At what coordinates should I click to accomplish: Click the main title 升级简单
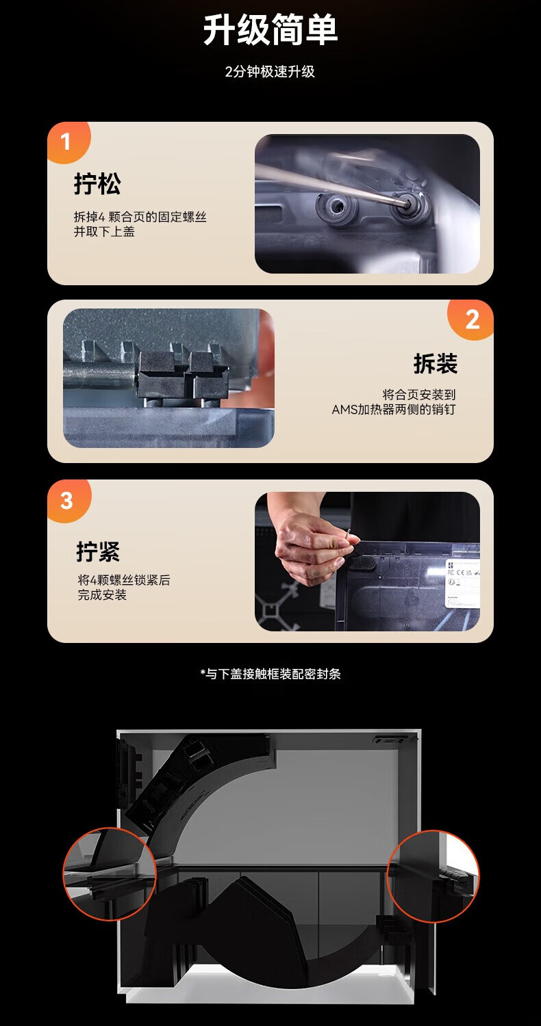coord(270,30)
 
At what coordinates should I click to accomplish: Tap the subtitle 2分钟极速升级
coord(270,71)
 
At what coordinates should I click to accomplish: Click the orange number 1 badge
coord(68,142)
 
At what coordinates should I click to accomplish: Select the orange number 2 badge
coord(471,319)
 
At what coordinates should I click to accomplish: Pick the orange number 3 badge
coord(68,501)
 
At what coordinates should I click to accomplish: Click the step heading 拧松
coord(97,184)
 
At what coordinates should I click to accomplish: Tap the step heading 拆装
coord(435,364)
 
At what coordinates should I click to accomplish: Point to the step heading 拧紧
coord(98,551)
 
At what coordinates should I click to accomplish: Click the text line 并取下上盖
coord(104,232)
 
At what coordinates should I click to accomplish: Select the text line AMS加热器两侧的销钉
coord(394,409)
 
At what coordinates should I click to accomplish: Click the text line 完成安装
coord(102,595)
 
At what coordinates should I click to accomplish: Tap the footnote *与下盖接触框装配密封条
coord(270,674)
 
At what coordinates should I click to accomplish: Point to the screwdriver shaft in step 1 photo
coord(330,183)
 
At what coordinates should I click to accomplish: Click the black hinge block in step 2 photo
coord(184,374)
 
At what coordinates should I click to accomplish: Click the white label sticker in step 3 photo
coord(462,583)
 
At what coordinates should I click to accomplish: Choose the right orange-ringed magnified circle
coord(433,876)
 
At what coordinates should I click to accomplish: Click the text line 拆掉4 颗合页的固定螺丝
coord(140,217)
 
